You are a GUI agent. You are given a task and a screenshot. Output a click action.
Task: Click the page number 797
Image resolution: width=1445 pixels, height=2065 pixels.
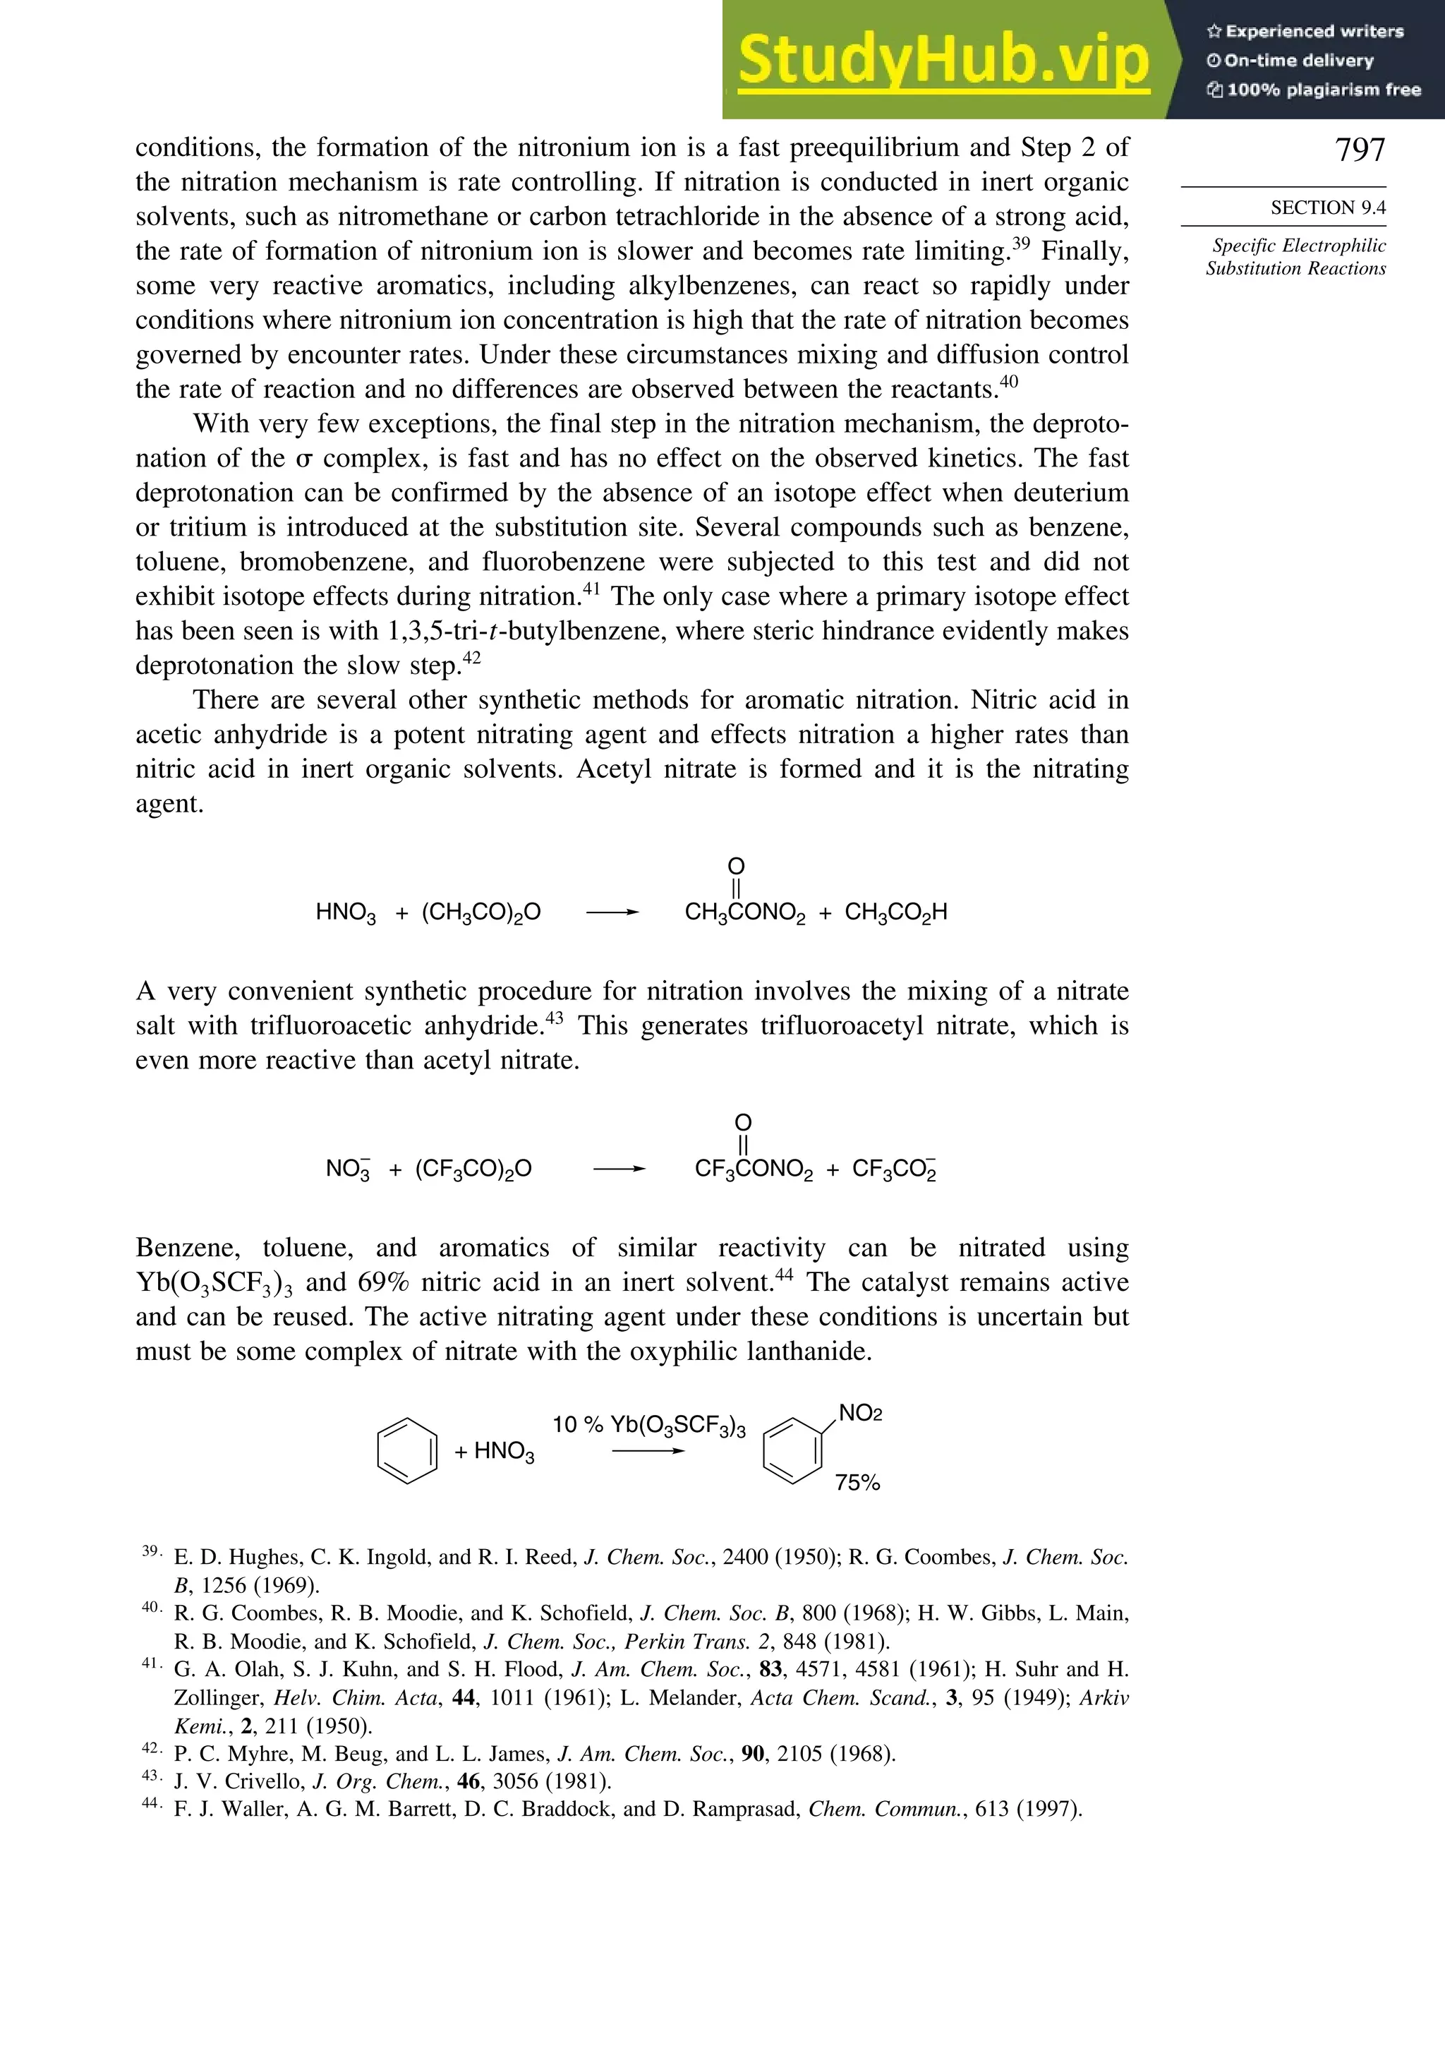click(x=1360, y=150)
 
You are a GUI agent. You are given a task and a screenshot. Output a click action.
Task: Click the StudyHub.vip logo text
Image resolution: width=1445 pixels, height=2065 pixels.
click(x=943, y=61)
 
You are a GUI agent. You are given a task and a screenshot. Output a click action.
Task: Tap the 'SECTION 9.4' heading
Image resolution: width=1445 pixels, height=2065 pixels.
click(x=1327, y=207)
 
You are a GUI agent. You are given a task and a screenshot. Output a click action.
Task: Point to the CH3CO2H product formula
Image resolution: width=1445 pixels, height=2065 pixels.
click(x=895, y=913)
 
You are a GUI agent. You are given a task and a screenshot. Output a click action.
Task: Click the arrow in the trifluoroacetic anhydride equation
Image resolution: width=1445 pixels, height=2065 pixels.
click(x=619, y=1169)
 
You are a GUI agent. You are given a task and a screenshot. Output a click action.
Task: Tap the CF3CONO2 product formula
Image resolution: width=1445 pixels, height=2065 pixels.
click(x=754, y=1169)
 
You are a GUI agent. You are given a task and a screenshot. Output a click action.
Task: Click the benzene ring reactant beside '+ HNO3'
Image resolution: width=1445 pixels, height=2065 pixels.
click(x=406, y=1451)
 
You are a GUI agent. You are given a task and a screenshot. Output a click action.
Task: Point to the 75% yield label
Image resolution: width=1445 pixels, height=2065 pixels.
click(x=857, y=1483)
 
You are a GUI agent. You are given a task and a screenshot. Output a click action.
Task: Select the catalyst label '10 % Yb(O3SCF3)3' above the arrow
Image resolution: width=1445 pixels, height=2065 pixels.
click(x=648, y=1426)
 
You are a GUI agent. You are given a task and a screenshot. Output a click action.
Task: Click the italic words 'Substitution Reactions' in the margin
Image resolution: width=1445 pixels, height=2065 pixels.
click(x=1295, y=268)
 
